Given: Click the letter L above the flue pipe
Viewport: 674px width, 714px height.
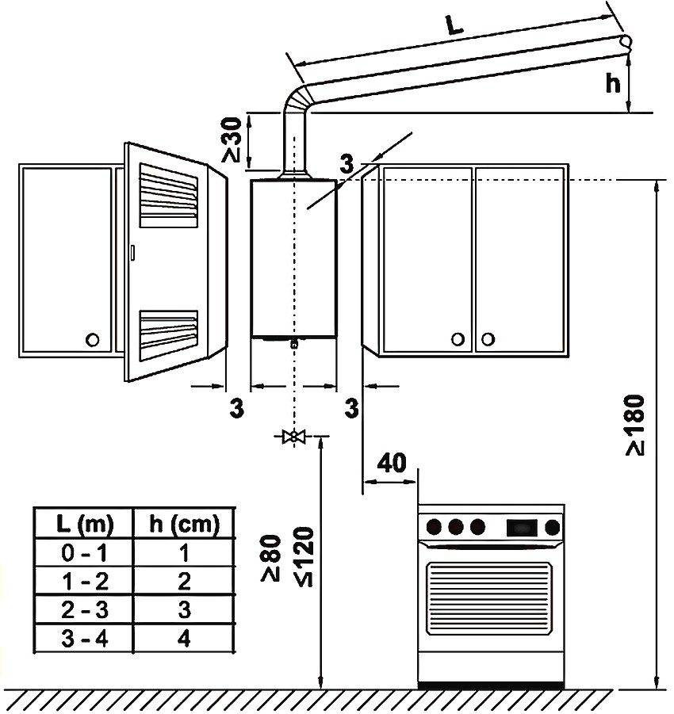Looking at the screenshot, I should click(x=454, y=25).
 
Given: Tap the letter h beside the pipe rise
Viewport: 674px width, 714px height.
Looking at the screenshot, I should click(x=611, y=83).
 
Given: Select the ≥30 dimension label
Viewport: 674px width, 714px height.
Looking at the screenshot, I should click(x=233, y=141).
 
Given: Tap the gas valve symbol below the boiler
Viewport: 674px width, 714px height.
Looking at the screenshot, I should click(x=294, y=437).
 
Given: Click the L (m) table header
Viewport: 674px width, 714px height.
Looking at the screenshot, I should click(x=84, y=524).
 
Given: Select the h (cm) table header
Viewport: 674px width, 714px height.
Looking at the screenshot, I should click(x=184, y=524).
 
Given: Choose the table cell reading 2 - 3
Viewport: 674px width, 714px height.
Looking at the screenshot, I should click(x=84, y=610).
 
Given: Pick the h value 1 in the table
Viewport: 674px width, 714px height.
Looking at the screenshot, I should click(x=184, y=552).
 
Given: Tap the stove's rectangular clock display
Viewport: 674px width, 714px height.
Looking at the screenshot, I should click(x=521, y=525).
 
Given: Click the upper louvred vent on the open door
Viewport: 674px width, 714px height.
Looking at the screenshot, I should click(x=168, y=194).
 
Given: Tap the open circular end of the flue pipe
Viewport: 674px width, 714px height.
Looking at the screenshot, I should click(x=626, y=42).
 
